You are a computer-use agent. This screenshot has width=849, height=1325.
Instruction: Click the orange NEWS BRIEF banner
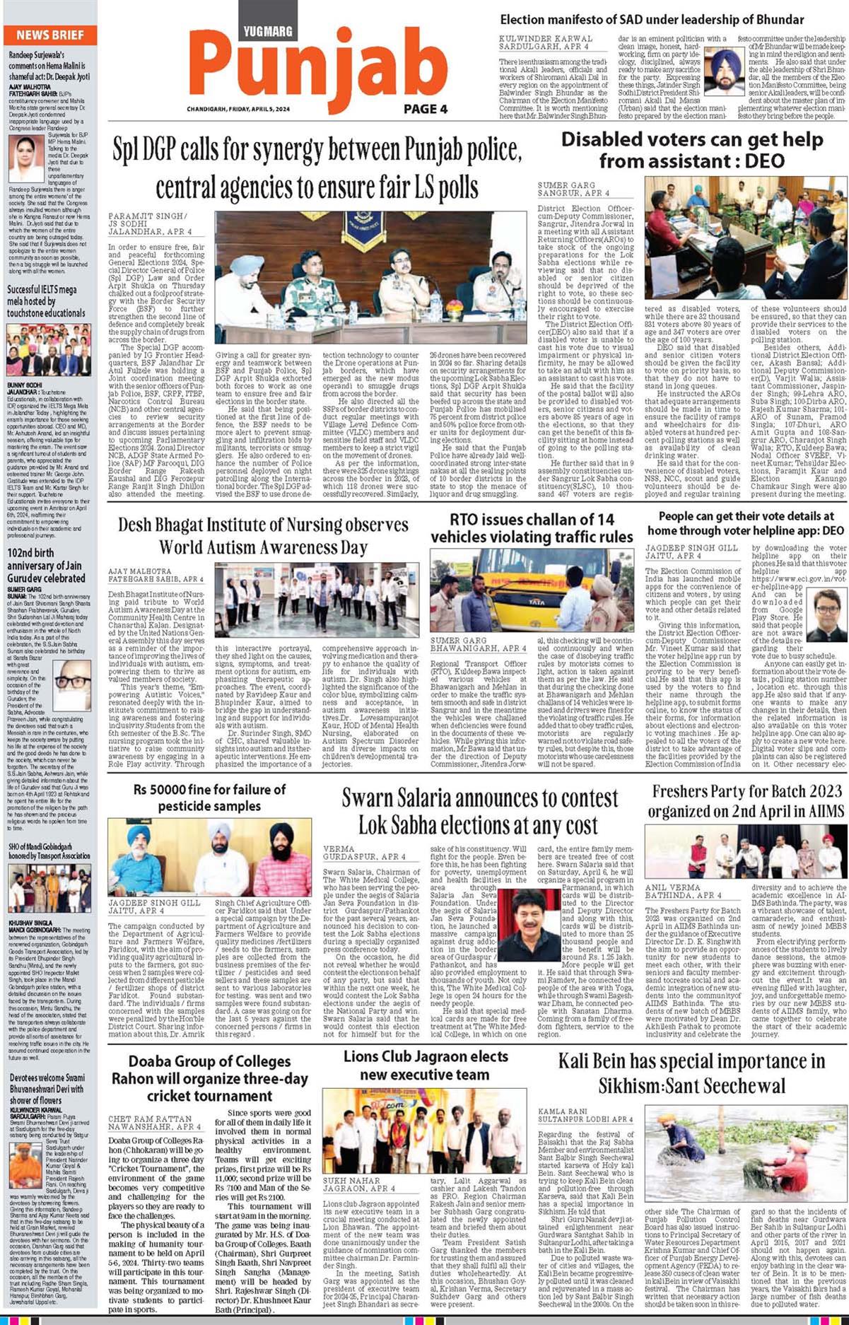tap(49, 35)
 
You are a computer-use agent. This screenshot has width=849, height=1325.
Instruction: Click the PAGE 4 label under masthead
tap(425, 109)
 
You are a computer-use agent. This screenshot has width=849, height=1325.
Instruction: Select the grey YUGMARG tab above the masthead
tap(267, 31)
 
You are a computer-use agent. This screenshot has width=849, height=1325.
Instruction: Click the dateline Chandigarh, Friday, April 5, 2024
tap(238, 109)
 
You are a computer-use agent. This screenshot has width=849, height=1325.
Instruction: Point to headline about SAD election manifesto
tap(652, 20)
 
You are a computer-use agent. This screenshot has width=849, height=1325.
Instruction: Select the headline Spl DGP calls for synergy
tap(317, 168)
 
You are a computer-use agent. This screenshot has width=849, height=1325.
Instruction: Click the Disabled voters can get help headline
tap(691, 151)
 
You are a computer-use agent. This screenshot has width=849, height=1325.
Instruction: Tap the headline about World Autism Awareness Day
tap(263, 535)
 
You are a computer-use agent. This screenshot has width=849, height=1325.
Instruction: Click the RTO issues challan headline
tap(532, 528)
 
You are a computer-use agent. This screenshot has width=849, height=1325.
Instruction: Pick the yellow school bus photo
tap(532, 591)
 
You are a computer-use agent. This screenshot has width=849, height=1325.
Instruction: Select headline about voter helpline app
tap(745, 523)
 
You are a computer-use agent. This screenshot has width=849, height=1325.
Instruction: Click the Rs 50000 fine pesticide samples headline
tap(209, 797)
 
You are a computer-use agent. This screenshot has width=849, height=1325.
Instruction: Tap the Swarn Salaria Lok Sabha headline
tap(479, 810)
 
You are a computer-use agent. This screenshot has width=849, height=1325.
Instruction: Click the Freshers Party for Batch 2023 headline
tap(746, 800)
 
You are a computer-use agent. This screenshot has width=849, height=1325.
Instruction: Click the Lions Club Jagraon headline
tap(426, 1066)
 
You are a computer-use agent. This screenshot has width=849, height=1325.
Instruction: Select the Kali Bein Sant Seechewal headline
tap(691, 1073)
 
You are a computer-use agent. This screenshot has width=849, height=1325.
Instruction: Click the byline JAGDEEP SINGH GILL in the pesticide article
tap(154, 902)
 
